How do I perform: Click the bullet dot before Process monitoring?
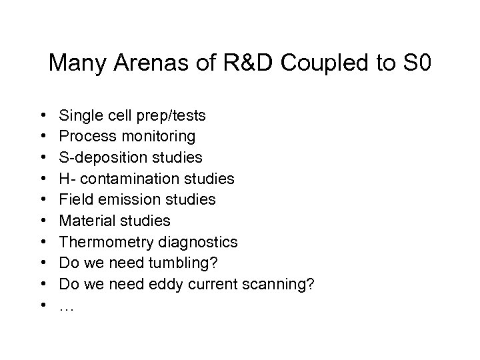[42, 137]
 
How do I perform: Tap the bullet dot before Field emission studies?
[42, 199]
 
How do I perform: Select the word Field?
[74, 199]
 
